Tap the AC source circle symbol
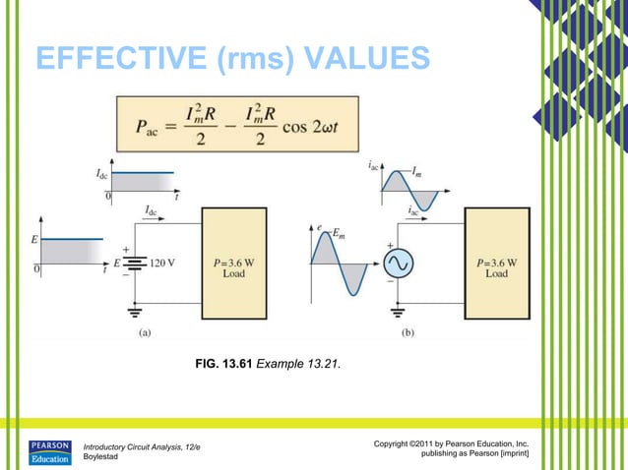pyautogui.click(x=402, y=264)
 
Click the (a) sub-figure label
pyautogui.click(x=145, y=333)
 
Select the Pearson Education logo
pyautogui.click(x=48, y=451)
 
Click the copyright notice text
pyautogui.click(x=452, y=449)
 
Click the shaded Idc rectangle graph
pyautogui.click(x=143, y=182)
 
